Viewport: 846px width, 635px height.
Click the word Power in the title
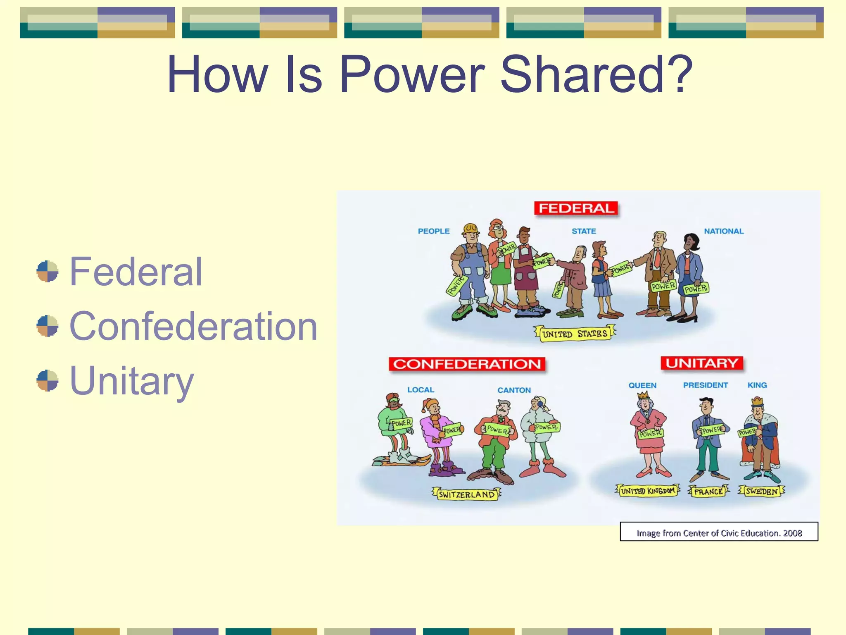pos(412,75)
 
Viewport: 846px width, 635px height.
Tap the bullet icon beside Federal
pos(47,271)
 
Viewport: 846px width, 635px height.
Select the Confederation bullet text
pos(193,326)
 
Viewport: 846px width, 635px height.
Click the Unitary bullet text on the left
pos(131,381)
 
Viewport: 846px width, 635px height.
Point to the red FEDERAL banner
pos(576,208)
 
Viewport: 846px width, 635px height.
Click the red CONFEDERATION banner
pos(467,364)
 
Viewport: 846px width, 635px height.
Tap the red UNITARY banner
pos(701,363)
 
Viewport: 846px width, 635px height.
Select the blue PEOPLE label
pos(433,231)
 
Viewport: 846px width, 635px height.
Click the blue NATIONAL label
pos(724,231)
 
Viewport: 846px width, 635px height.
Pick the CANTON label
pos(514,390)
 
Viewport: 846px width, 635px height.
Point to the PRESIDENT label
pos(705,385)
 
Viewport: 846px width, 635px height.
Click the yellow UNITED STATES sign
pos(575,334)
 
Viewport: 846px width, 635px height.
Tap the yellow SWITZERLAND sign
pos(466,494)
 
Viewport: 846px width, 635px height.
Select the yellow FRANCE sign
pos(708,492)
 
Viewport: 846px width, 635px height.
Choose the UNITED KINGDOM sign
pos(647,491)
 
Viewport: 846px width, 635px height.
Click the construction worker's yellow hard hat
pos(471,228)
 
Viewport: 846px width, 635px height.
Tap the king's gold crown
pos(757,401)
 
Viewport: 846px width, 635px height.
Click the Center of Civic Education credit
pos(719,533)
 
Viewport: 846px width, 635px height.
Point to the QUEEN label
pos(642,385)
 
